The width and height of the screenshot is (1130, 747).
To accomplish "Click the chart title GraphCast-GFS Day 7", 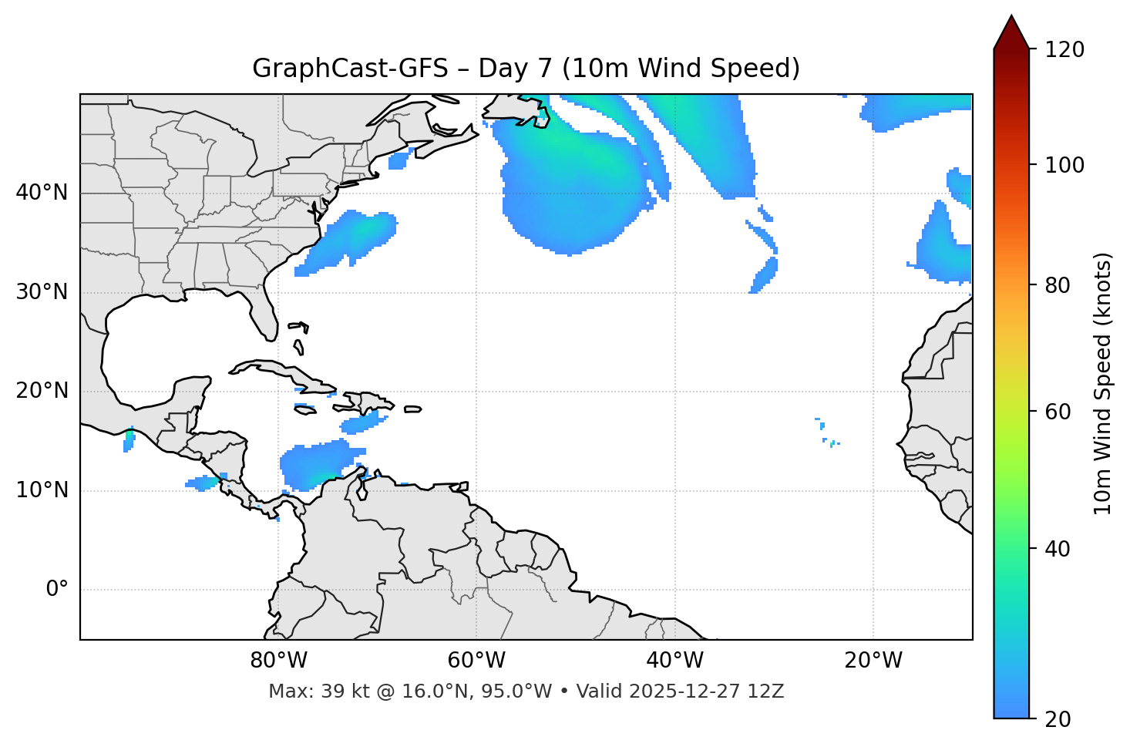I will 526,69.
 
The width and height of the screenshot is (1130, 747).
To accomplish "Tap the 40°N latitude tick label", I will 42,193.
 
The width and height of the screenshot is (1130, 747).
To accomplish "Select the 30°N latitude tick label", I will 42,292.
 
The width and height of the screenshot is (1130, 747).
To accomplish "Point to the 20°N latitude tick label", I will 42,391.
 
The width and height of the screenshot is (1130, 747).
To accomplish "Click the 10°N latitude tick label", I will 42,490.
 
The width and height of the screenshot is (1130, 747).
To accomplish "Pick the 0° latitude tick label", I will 57,590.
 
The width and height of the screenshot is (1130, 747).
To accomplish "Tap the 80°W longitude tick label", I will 278,661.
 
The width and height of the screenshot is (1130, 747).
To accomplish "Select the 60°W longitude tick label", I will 476,661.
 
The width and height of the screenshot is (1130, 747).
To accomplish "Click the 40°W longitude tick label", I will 674,661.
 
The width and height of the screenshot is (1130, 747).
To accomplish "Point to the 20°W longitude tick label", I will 873,661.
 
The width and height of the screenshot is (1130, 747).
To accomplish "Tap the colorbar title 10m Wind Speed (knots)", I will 1103,383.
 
